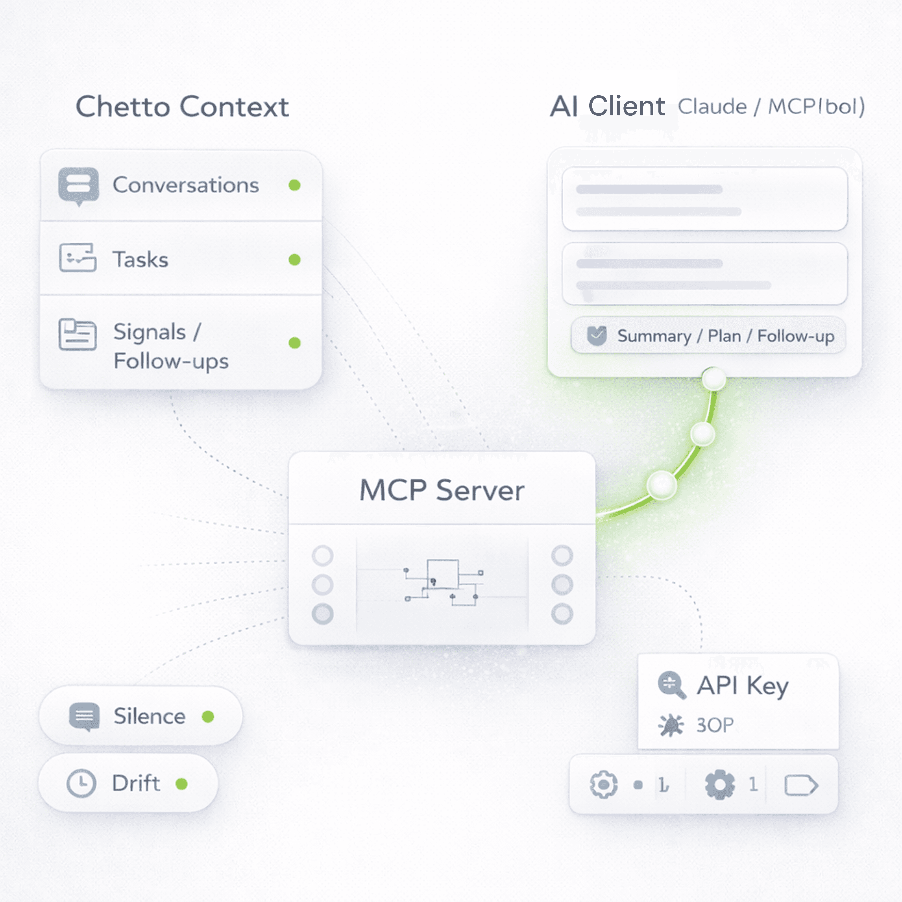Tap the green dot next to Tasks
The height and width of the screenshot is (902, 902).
294,260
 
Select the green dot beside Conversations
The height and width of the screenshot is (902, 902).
294,185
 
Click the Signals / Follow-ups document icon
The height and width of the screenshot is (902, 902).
78,334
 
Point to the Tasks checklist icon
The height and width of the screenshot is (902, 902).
78,257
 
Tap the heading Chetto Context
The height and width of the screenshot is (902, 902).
182,106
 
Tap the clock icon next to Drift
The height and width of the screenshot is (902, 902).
81,783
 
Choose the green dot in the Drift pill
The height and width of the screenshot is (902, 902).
182,784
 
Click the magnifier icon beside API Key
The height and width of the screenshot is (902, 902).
671,685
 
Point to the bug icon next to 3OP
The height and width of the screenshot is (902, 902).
671,725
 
